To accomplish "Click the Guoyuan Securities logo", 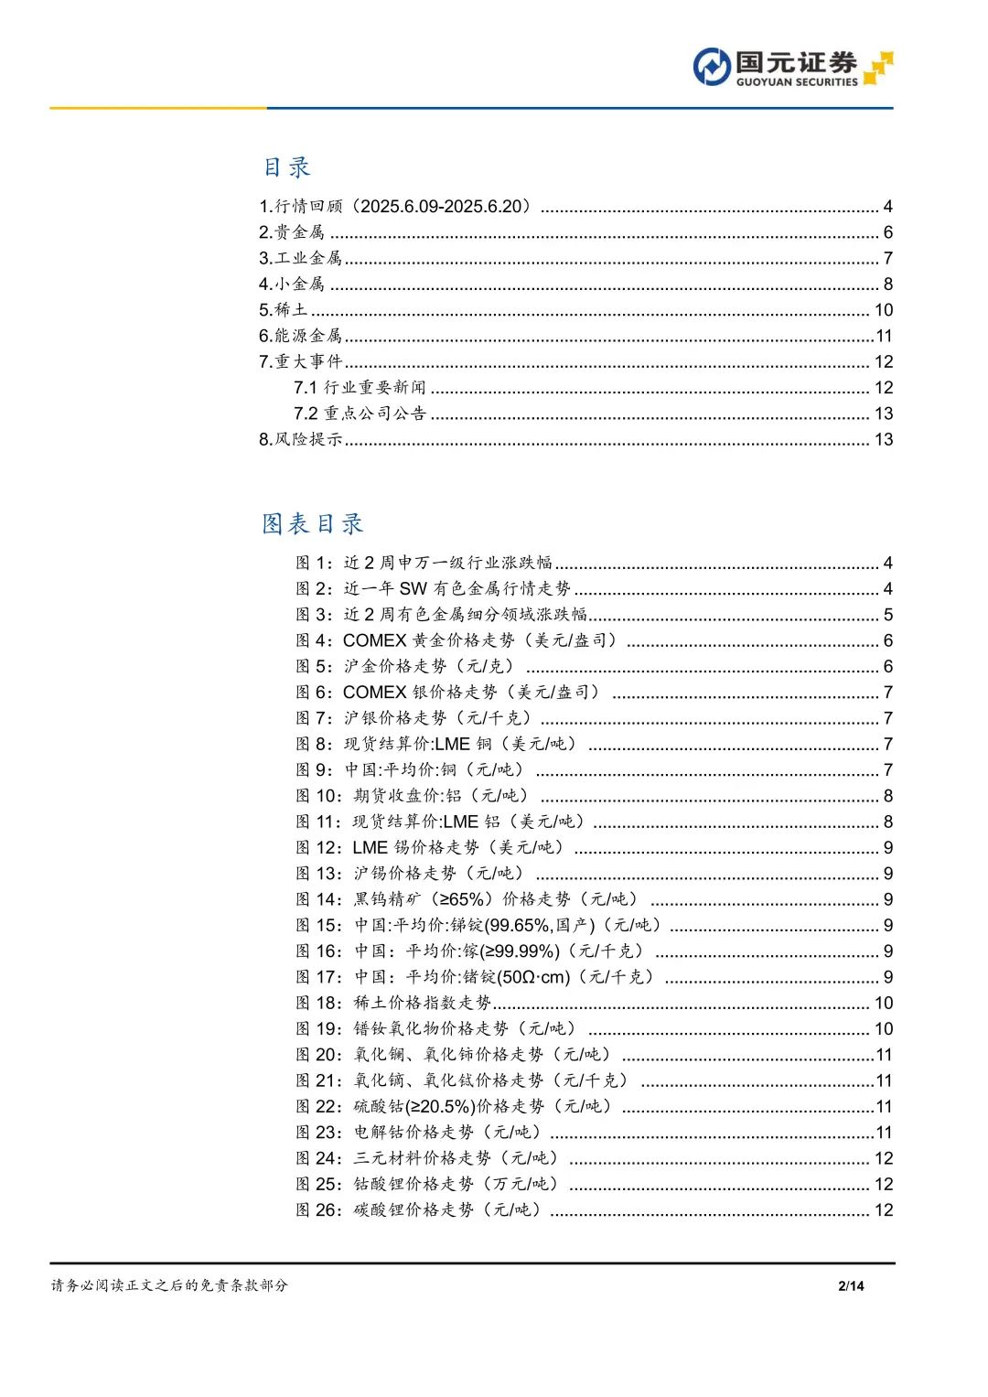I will pyautogui.click(x=792, y=68).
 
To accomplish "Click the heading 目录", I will pyautogui.click(x=286, y=167).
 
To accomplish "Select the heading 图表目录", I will pyautogui.click(x=313, y=524).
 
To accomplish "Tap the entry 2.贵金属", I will pyautogui.click(x=292, y=232).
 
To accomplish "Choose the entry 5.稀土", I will pyautogui.click(x=284, y=310).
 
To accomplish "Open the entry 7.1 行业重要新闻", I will pyautogui.click(x=360, y=388).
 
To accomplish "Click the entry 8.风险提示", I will pyautogui.click(x=301, y=439).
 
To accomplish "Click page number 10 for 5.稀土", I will pyautogui.click(x=883, y=310).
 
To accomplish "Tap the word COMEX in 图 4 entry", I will pyautogui.click(x=374, y=640).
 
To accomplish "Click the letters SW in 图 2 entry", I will pyautogui.click(x=413, y=588).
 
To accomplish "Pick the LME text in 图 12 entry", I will pyautogui.click(x=370, y=848).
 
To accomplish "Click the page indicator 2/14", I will pyautogui.click(x=851, y=1286).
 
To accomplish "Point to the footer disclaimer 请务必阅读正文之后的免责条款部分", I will pyautogui.click(x=169, y=1285).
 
